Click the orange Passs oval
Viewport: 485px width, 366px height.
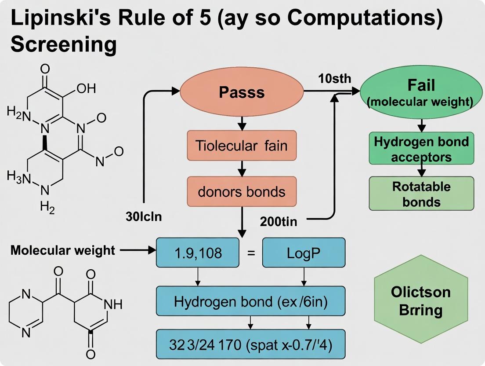coord(242,92)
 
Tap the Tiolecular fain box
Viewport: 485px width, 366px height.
coord(242,145)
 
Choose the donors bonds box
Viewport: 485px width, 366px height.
coord(242,192)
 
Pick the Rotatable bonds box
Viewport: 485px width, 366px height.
coord(421,194)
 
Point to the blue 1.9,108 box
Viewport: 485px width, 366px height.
coord(198,253)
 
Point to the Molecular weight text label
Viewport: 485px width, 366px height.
coord(62,250)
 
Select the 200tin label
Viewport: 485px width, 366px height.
coord(278,222)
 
